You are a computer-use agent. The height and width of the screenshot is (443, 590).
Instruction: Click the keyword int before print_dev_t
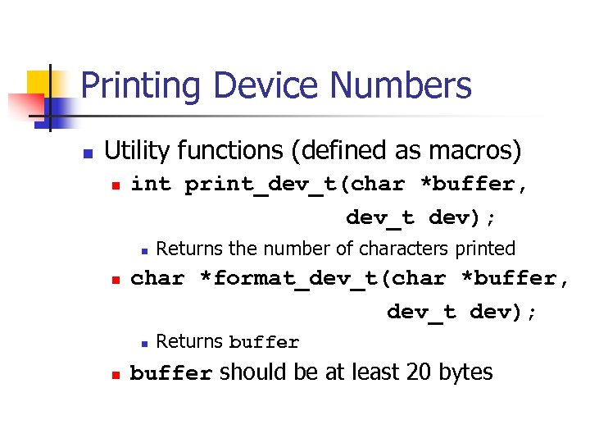151,185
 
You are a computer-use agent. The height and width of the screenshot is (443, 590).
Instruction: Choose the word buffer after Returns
264,342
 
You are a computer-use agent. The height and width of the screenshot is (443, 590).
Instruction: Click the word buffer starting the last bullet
171,374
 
